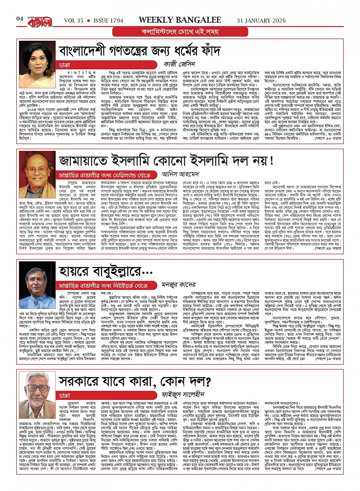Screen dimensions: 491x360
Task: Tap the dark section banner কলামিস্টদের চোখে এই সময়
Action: click(x=179, y=32)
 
